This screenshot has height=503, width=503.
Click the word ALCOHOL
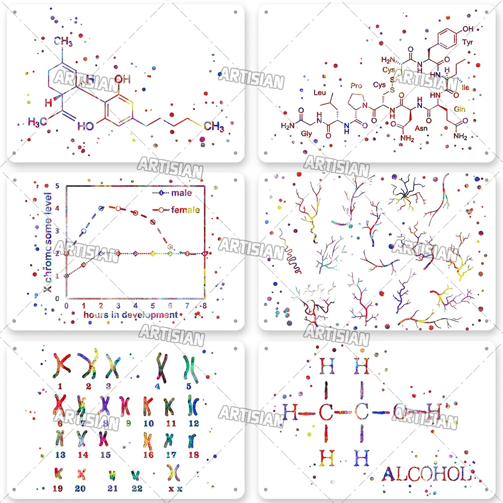pos(427,474)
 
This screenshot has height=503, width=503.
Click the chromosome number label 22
pos(137,488)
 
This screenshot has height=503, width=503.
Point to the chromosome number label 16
pos(148,455)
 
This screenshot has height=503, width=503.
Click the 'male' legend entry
pos(181,193)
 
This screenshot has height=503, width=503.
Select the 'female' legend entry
pos(185,210)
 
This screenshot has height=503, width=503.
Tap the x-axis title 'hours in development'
pos(130,315)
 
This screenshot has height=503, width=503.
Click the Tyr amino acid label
pos(467,42)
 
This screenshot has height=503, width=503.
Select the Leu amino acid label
pos(320,93)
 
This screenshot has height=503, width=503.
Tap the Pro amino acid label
pos(356,86)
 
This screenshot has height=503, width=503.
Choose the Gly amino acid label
pos(306,133)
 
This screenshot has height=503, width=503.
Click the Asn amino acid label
pos(421,129)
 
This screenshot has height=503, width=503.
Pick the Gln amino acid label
pos(459,109)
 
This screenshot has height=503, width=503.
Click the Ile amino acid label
pos(465,87)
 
